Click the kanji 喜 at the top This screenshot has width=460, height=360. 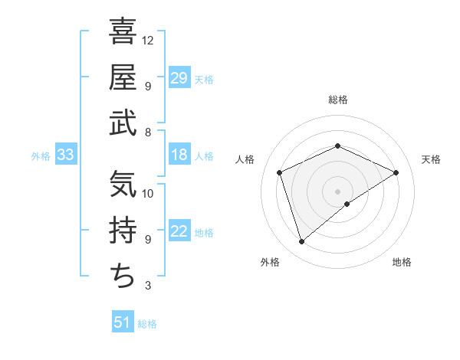(123, 32)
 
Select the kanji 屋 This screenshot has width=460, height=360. (123, 77)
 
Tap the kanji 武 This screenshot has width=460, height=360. (123, 123)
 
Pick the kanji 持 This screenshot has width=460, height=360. (123, 231)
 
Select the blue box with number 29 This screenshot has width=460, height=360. (179, 78)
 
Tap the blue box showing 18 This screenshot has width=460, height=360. (179, 155)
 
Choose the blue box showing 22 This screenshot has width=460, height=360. (179, 232)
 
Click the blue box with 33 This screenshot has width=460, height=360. (66, 155)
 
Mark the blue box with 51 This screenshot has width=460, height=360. (123, 322)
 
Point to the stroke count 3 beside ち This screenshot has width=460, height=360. (148, 286)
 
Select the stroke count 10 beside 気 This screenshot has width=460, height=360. (148, 193)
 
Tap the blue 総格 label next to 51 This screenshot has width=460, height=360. (147, 324)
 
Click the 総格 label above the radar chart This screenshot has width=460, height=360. (337, 100)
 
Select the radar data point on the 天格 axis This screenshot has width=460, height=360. (396, 172)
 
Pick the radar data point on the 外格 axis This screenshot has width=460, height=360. (301, 242)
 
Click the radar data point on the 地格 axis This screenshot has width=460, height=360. (347, 204)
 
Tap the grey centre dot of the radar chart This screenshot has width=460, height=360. (337, 191)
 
